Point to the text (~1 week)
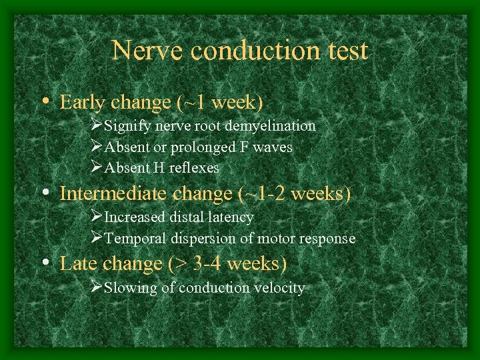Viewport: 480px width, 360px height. (x=220, y=103)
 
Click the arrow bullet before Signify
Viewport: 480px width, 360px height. (x=96, y=125)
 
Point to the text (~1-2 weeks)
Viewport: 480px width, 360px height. (x=294, y=194)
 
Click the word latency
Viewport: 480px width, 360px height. (x=230, y=217)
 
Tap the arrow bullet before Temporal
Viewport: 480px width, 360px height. (x=96, y=237)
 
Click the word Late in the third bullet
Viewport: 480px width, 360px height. (x=76, y=263)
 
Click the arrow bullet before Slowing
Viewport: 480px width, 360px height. (x=96, y=287)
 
